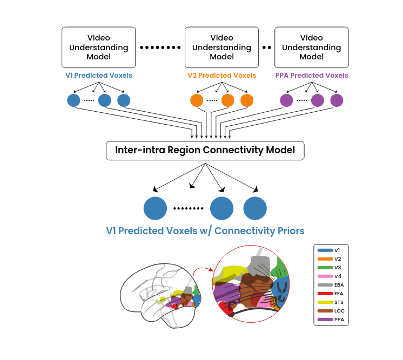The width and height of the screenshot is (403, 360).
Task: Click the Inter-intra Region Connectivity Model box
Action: point(205,150)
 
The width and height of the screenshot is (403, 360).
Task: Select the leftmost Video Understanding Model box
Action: point(98,47)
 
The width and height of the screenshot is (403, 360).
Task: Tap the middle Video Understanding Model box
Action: point(221,47)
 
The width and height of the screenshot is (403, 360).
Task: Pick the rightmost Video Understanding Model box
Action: point(311,47)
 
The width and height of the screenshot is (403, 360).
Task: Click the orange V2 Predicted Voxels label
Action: point(221,76)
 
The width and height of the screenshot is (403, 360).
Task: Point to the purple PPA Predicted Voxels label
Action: point(311,76)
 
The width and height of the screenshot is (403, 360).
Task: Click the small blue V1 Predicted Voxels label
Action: point(98,76)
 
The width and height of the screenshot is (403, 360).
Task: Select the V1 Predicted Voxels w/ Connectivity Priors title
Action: point(205,231)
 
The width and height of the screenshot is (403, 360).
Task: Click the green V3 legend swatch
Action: point(325,268)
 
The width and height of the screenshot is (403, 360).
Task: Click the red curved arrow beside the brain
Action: point(202,268)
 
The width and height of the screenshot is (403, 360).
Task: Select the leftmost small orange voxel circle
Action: point(197,100)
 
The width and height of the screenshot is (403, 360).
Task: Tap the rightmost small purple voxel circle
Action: point(337,100)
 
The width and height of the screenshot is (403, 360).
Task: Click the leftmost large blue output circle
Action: point(155,208)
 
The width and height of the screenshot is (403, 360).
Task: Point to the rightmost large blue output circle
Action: point(255,208)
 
